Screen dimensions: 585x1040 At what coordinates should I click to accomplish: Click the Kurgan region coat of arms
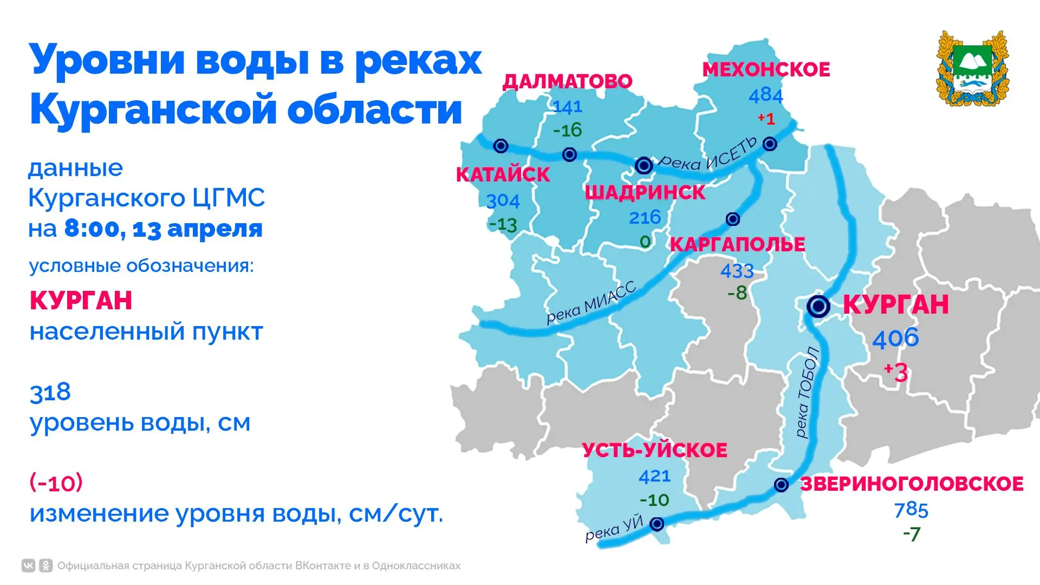pos(972,68)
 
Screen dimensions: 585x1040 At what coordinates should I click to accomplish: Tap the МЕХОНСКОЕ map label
pos(766,70)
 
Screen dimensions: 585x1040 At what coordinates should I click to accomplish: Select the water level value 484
pos(766,96)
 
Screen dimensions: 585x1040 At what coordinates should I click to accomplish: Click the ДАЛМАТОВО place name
pos(567,81)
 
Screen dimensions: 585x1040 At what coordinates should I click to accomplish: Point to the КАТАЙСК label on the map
pos(503,175)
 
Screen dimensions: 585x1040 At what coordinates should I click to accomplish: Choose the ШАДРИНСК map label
pos(645,193)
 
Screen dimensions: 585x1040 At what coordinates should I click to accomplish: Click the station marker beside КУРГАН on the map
pos(818,306)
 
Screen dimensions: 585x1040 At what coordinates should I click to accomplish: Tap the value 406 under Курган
pos(895,339)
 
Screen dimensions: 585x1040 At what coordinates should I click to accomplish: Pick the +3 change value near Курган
pos(895,372)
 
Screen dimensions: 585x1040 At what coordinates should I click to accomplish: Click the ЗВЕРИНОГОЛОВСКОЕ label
pos(912,484)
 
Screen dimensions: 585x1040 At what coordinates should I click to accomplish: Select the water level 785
pos(911,510)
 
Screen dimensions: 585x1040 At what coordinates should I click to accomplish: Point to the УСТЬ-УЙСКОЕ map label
pos(654,451)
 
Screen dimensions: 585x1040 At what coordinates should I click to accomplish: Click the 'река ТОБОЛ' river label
pos(807,392)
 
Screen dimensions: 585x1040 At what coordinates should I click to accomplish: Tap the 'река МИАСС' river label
pos(590,303)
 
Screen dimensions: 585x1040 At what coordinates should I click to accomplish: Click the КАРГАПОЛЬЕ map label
pos(737,245)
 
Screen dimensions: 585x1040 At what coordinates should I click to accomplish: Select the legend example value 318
pos(50,392)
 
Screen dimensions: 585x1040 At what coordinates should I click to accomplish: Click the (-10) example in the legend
pos(56,482)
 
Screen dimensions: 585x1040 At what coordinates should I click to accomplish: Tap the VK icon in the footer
pos(28,566)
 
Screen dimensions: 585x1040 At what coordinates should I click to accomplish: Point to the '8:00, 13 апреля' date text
pos(163,229)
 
